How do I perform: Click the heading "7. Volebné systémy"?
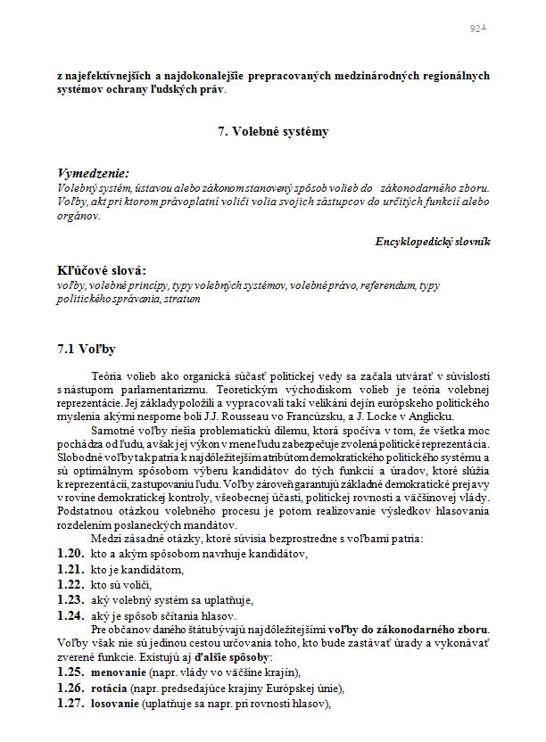(x=273, y=132)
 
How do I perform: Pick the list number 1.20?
(x=70, y=554)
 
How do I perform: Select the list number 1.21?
(x=70, y=569)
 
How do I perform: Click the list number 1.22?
(x=70, y=584)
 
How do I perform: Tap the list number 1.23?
(x=70, y=599)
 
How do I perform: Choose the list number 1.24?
(x=70, y=614)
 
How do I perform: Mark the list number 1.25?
(x=70, y=672)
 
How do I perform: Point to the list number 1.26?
(x=70, y=688)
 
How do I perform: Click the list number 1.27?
(x=70, y=704)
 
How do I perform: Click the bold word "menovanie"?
(x=117, y=672)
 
